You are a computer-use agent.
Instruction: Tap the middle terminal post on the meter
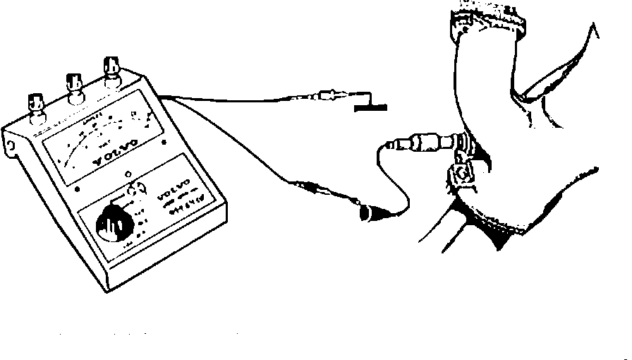tap(73, 87)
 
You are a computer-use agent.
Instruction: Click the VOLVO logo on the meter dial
tap(106, 142)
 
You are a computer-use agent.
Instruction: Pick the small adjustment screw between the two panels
tap(127, 174)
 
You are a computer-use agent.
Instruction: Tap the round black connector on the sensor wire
tap(367, 215)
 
